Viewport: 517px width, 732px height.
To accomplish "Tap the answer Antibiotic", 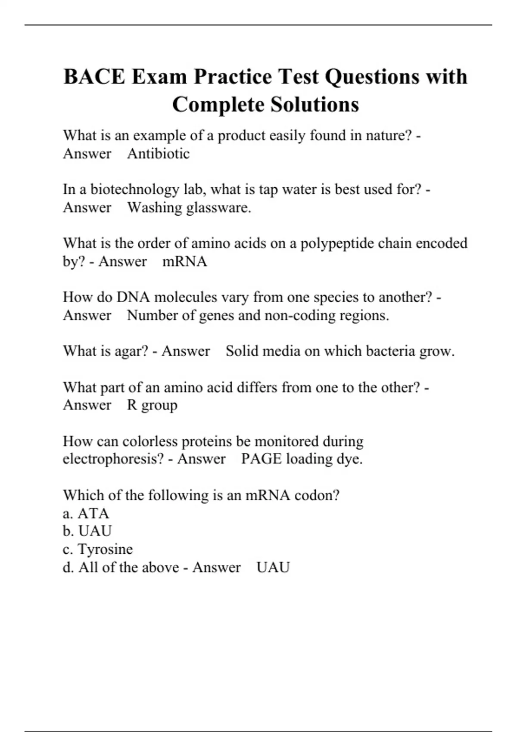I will [158, 154].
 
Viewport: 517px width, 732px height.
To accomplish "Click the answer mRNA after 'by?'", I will [184, 261].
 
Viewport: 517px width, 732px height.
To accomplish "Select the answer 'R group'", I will [152, 405].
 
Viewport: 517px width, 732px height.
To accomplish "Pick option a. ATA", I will [86, 513].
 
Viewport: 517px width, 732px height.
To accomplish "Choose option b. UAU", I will [87, 531].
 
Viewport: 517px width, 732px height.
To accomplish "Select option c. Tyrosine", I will [98, 549].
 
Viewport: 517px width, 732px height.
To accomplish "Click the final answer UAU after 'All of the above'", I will [273, 567].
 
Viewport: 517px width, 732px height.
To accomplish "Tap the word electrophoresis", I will [113, 459].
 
